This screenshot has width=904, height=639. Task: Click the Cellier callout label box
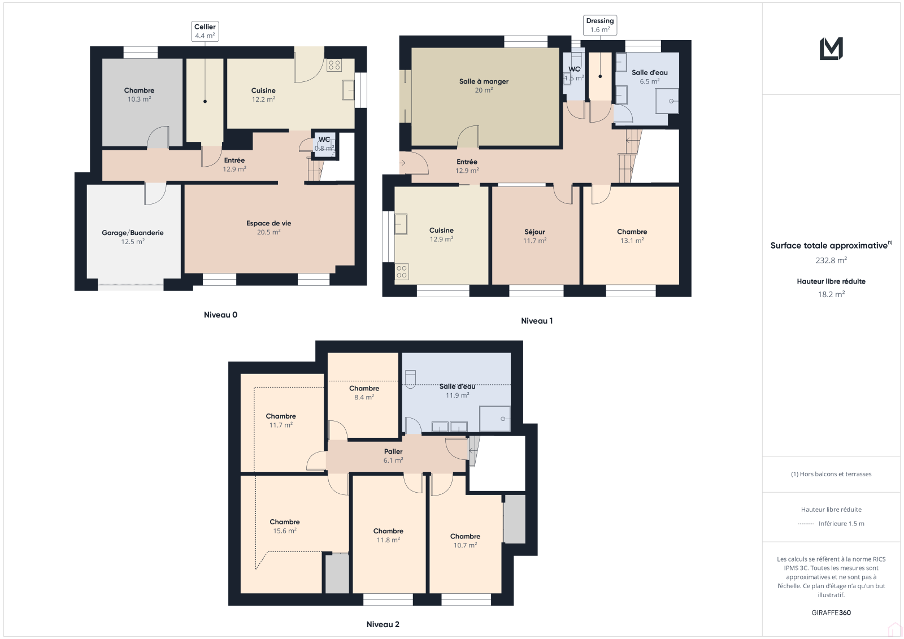click(205, 31)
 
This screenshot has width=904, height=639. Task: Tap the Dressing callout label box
click(599, 25)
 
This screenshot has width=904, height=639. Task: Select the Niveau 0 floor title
click(220, 315)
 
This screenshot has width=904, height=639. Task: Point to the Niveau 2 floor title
click(383, 624)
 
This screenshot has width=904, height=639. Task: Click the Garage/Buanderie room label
click(133, 233)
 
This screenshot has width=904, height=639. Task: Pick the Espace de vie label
click(269, 223)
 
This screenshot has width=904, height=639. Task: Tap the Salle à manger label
click(484, 81)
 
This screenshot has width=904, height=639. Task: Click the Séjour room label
click(534, 232)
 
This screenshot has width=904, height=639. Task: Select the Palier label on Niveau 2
click(393, 451)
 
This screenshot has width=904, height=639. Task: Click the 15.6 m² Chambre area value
click(285, 531)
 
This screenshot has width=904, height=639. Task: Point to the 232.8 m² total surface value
click(831, 260)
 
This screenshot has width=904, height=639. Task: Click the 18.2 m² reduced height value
click(831, 294)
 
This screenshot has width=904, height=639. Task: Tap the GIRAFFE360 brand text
click(831, 612)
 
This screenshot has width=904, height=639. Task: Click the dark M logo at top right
click(831, 49)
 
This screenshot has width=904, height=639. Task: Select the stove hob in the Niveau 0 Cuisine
click(334, 65)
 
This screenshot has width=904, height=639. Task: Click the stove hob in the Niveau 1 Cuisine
click(401, 272)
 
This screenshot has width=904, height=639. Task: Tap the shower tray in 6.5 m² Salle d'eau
click(667, 101)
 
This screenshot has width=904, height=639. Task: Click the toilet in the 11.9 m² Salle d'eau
click(410, 379)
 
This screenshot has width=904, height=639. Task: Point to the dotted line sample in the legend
click(806, 524)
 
